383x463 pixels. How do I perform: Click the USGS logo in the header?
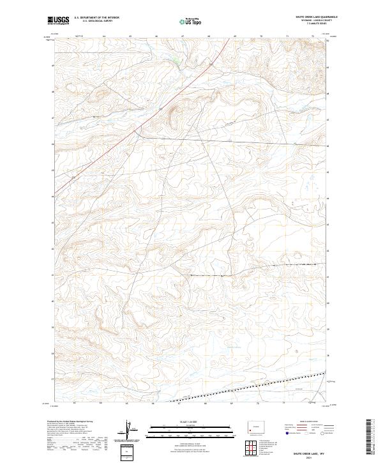coord(59,21)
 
